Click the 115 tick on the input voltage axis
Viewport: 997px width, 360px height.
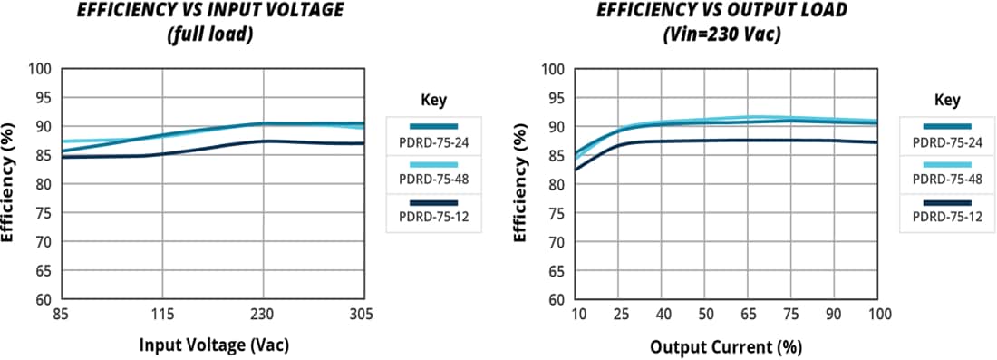click(162, 314)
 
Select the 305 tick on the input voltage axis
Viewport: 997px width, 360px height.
click(362, 314)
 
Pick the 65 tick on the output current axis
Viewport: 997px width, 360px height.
click(748, 314)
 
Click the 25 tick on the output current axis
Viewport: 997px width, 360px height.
click(621, 314)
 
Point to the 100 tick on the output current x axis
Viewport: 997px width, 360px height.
click(878, 314)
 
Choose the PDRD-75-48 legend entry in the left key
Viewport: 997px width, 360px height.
click(433, 175)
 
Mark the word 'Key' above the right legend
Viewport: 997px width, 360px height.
click(947, 100)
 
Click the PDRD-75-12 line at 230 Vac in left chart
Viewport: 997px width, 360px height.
click(263, 141)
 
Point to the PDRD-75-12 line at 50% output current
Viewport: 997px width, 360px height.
click(705, 141)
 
